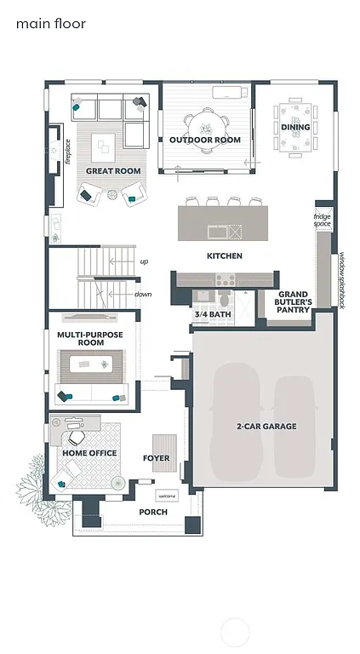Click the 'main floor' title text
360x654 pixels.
[50, 24]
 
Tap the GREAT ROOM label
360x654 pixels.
[112, 171]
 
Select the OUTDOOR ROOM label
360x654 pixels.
[204, 140]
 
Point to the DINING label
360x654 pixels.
[295, 128]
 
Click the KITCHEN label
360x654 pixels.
[225, 255]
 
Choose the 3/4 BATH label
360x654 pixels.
[213, 314]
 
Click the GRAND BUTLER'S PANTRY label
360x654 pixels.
[293, 302]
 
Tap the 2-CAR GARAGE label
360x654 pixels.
[266, 426]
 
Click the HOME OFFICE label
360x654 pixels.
[89, 453]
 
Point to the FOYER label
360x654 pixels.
[156, 458]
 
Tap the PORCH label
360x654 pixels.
[152, 512]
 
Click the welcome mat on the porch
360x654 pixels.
[166, 496]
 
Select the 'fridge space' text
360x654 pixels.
[322, 220]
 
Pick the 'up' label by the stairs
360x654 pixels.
[144, 261]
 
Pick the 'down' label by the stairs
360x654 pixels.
[143, 295]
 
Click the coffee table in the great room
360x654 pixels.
[106, 147]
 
